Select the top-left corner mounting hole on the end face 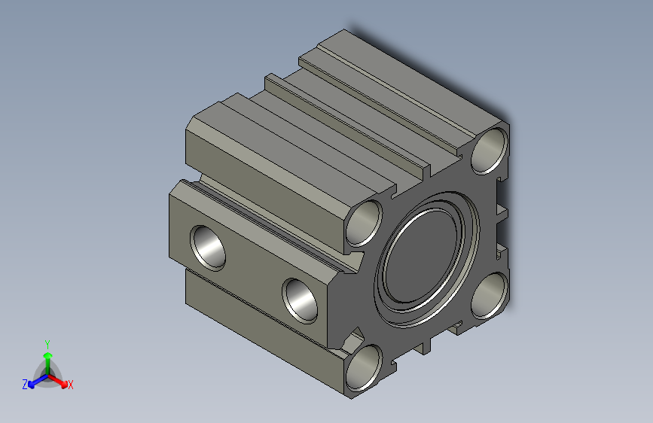367,223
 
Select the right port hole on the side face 301,300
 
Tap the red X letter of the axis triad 71,385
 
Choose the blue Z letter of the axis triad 25,385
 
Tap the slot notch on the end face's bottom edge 428,345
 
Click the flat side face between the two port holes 252,271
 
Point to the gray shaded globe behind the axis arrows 47,373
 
